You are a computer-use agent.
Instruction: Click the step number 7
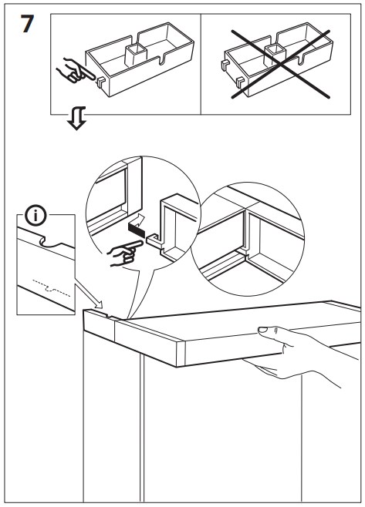27,24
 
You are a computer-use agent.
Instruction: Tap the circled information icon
35,216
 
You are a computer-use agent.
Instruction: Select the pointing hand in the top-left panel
75,70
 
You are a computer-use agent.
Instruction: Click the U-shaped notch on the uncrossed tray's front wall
161,60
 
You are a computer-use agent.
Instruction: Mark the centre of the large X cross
281,64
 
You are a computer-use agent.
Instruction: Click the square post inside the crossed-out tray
275,54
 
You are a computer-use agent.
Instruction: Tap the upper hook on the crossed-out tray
224,65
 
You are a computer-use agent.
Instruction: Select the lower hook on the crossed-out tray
240,82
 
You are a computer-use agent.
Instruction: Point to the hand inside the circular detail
124,253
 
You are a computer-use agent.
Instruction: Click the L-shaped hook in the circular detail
155,242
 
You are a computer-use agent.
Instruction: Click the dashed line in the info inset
51,287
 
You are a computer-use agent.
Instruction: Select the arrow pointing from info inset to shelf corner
89,296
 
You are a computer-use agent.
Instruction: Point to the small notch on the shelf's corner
108,315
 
